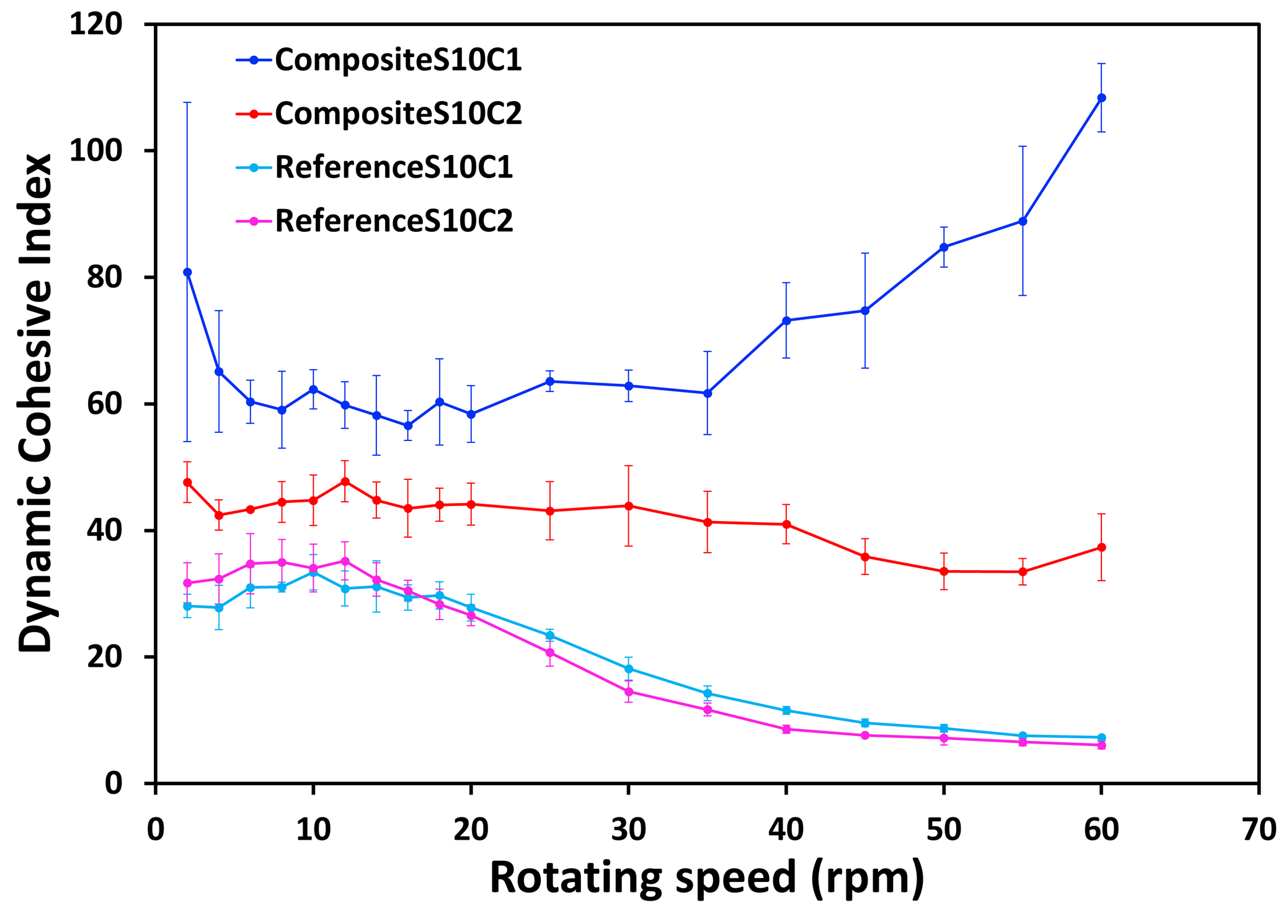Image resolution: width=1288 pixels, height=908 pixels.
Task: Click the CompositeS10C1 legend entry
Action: [398, 60]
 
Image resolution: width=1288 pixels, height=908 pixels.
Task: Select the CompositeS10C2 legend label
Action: [398, 113]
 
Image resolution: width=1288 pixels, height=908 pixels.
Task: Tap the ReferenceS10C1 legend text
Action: [393, 167]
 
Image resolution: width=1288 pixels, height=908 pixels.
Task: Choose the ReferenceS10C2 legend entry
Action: [393, 221]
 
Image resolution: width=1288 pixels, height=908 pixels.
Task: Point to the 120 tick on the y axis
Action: [95, 25]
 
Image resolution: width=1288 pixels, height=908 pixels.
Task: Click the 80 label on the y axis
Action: [104, 277]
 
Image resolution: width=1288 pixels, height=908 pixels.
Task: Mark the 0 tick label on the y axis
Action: [113, 783]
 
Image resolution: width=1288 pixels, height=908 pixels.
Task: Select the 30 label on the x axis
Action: [628, 829]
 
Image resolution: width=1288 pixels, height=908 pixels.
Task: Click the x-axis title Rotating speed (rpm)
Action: [706, 877]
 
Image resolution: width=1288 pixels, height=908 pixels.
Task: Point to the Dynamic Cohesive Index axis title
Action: [35, 403]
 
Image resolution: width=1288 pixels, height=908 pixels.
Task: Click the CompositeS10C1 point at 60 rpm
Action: [1101, 98]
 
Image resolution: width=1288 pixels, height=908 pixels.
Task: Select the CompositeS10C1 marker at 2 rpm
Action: [187, 272]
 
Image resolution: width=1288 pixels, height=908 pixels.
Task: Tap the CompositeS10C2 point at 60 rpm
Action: [1101, 547]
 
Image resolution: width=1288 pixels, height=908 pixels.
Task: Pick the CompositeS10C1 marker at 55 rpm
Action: [1023, 221]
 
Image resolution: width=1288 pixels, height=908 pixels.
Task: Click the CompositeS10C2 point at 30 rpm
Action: [629, 506]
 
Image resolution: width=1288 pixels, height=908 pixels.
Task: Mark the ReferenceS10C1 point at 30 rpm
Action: [629, 669]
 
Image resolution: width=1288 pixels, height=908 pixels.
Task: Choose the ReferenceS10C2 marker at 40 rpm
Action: [786, 729]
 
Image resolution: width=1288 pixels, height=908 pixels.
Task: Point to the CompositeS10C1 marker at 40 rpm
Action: [786, 321]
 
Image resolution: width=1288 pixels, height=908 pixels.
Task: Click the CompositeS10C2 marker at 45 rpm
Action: [865, 556]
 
